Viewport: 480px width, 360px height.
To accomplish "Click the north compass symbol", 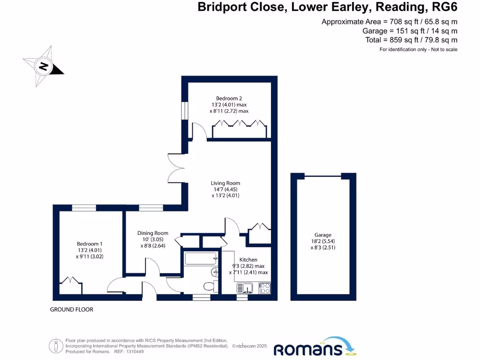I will pos(43,67).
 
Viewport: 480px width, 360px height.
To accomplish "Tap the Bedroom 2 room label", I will pos(229,98).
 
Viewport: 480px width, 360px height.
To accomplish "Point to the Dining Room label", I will pos(152,233).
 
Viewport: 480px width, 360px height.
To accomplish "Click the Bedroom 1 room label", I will pos(90,244).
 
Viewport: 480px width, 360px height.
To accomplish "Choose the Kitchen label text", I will pos(248,260).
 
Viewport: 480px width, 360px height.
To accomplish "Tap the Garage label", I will pos(323,235).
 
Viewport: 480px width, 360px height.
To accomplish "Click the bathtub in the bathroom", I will pos(201,258).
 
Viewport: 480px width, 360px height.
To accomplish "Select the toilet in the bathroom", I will pos(210,285).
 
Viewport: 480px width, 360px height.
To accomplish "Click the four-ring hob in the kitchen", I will pos(264,287).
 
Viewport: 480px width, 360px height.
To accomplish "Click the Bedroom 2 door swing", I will pos(198,131).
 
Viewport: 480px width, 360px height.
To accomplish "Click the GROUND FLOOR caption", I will pos(72,309).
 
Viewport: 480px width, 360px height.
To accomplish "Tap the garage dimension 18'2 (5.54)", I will pos(323,241).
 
